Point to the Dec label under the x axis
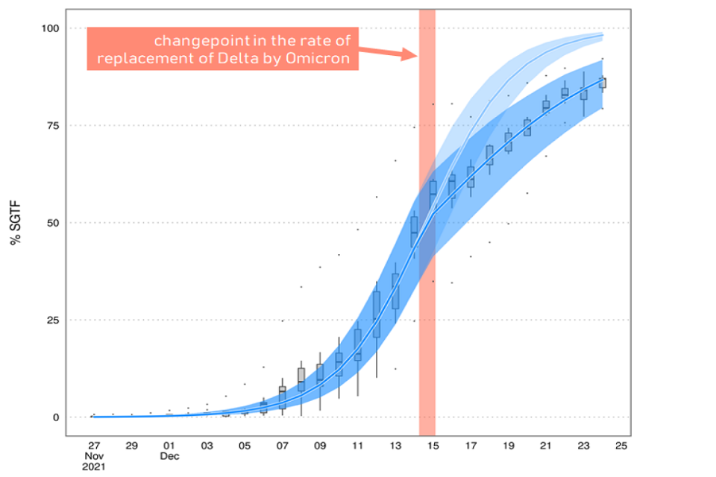click(169, 456)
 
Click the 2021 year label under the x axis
click(94, 467)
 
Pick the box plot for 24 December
click(603, 82)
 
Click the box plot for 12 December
click(377, 314)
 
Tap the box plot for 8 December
click(301, 379)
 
